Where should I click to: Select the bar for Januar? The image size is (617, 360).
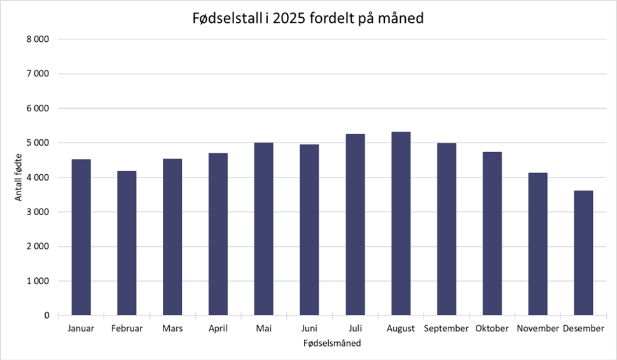81,237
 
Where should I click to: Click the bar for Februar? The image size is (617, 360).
127,243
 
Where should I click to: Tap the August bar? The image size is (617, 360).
401,223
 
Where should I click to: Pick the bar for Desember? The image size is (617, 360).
583,253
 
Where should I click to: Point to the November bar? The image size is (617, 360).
537,244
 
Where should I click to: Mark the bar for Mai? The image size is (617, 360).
263,229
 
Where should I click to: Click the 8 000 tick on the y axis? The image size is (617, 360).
39,39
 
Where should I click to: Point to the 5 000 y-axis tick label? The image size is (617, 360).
39,143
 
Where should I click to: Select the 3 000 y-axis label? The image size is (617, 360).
39,212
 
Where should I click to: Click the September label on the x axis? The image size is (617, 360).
447,329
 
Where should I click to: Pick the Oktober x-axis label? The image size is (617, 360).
492,329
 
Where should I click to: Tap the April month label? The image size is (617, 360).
218,329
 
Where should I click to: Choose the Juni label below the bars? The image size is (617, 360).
309,329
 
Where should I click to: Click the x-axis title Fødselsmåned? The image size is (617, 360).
332,343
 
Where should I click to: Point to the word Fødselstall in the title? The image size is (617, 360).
225,19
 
